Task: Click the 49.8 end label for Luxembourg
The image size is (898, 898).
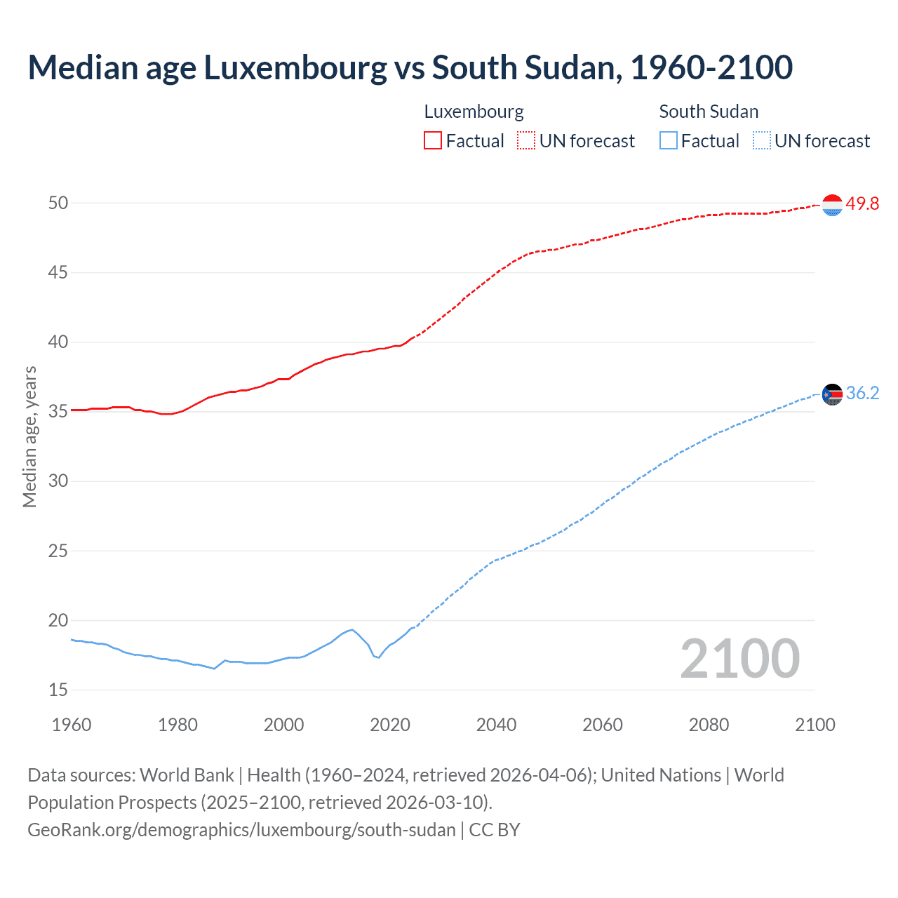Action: (x=862, y=203)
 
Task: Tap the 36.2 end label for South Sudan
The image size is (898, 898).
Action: (x=862, y=393)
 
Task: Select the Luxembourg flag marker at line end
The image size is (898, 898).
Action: (x=832, y=205)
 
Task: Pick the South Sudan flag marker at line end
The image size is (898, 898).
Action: (x=832, y=395)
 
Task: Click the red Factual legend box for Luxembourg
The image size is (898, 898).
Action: (x=433, y=141)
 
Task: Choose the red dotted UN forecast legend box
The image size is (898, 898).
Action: (x=526, y=141)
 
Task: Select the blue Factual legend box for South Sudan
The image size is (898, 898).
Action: (x=668, y=141)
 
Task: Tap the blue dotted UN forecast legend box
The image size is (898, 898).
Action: (x=761, y=141)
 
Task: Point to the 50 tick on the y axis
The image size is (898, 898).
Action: (x=58, y=203)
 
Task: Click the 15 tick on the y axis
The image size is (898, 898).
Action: (x=58, y=690)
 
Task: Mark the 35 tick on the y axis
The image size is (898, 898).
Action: (x=58, y=411)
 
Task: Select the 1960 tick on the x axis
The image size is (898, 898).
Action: (x=72, y=725)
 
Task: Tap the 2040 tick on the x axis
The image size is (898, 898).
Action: (x=496, y=725)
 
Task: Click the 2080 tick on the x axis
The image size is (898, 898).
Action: (x=709, y=725)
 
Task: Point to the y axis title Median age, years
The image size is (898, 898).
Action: (x=29, y=436)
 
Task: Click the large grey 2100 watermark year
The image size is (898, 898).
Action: (x=740, y=658)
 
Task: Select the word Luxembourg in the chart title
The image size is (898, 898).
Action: (x=295, y=67)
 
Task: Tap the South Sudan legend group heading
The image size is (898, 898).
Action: (x=709, y=112)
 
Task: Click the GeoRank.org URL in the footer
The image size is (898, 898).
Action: (x=241, y=829)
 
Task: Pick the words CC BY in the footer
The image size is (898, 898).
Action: (x=495, y=829)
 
